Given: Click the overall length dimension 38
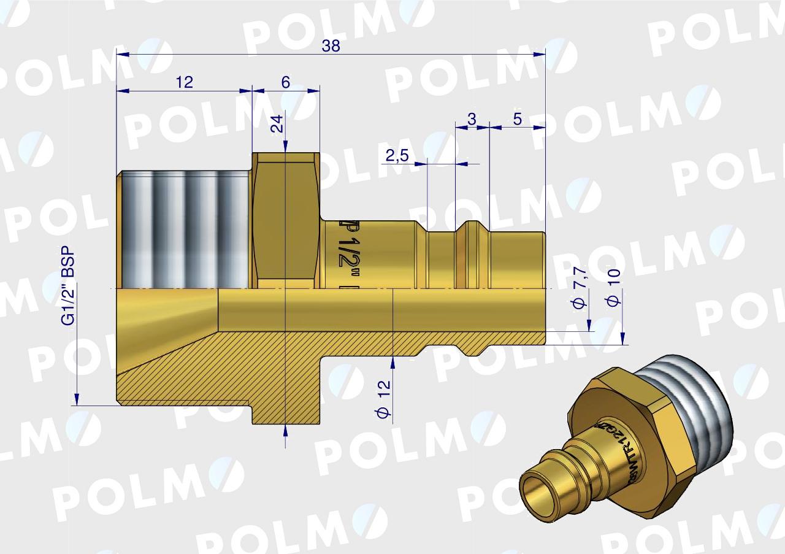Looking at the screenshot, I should (331, 47).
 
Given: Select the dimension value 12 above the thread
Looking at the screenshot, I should (184, 82).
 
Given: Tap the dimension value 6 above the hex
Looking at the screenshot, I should (286, 82).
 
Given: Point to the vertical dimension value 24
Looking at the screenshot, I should (278, 125).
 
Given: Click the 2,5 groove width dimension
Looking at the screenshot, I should (397, 156).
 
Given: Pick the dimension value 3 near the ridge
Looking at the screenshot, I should (472, 120).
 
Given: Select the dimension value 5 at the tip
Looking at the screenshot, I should (518, 120).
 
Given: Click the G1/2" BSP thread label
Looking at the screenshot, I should (69, 285).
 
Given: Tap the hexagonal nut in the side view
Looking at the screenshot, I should (286, 221).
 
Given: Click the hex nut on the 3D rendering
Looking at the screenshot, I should (638, 429).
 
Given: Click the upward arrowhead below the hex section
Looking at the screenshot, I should (286, 429).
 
